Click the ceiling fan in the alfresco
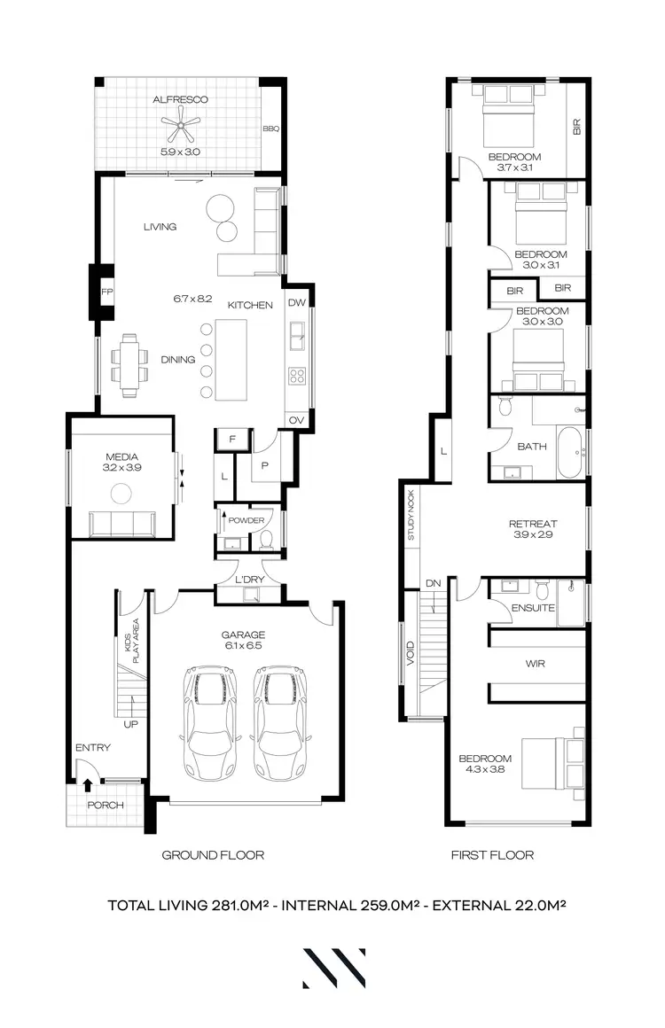coord(181,128)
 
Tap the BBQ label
coord(270,128)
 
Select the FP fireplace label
coord(106,292)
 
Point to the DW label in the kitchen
coord(297,303)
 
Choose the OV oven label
coord(297,420)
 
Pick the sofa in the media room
coord(122,524)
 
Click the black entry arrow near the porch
coord(87,783)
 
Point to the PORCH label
coord(106,806)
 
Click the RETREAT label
coord(531,523)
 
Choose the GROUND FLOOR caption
coord(213,855)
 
